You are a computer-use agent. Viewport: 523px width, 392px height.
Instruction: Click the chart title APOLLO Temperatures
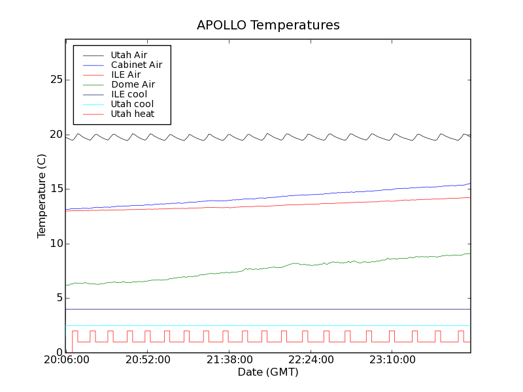point(268,25)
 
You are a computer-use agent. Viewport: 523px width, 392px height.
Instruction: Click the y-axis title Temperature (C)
point(42,196)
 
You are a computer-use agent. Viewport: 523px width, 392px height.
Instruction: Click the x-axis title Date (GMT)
point(268,372)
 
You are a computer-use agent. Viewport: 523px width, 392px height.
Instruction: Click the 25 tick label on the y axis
point(56,80)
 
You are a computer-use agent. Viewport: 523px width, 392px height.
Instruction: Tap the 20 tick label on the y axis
point(56,135)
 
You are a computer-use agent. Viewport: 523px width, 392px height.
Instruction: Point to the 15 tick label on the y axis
point(56,189)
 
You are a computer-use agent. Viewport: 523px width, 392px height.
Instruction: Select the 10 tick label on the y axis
point(56,244)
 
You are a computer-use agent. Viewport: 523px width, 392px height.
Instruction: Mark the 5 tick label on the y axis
point(59,298)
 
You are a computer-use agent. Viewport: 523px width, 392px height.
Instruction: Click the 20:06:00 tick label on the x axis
point(65,360)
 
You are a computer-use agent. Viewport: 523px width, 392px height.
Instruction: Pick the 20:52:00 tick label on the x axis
point(148,360)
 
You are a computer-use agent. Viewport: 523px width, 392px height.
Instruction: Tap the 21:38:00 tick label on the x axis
point(229,360)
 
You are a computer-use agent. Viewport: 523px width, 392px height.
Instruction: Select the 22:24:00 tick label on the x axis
point(311,360)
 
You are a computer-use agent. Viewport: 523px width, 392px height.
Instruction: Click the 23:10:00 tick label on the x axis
point(392,360)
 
